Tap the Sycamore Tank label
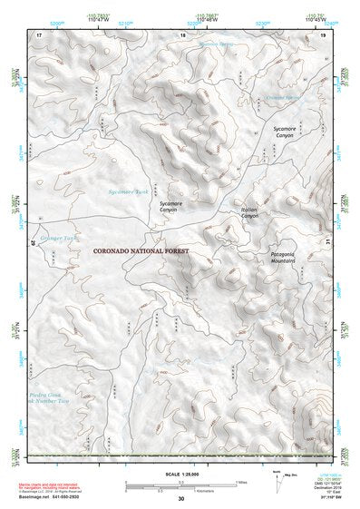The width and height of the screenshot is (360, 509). (126, 192)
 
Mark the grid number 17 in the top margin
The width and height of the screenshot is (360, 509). (39, 34)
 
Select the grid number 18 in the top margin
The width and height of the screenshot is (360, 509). (183, 34)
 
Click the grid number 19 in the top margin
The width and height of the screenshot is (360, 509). (323, 34)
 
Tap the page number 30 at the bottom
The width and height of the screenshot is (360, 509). (180, 498)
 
